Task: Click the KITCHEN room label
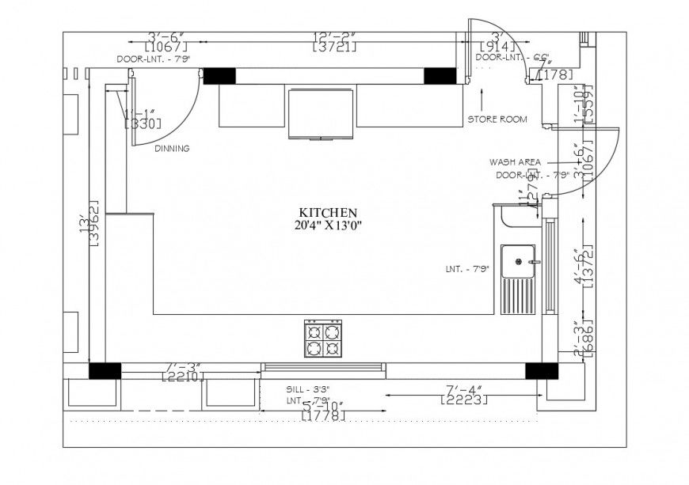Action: pyautogui.click(x=328, y=213)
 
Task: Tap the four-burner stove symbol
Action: pyautogui.click(x=323, y=339)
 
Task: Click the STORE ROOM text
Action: pyautogui.click(x=497, y=119)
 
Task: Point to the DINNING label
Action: pyautogui.click(x=172, y=148)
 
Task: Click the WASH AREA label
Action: pyautogui.click(x=515, y=161)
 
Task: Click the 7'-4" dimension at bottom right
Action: pyautogui.click(x=464, y=388)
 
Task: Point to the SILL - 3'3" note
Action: pyautogui.click(x=307, y=389)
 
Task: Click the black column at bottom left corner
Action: pyautogui.click(x=105, y=370)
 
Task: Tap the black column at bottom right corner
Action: pyautogui.click(x=541, y=370)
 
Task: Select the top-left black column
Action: pyautogui.click(x=219, y=76)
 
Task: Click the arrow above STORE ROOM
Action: pyautogui.click(x=482, y=99)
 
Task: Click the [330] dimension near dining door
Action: pyautogui.click(x=143, y=123)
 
